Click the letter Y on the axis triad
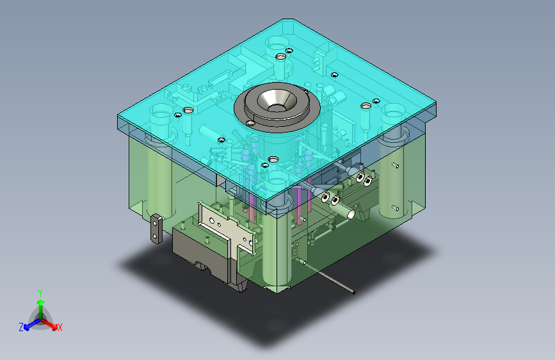pos(40,293)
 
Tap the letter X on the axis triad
pos(60,327)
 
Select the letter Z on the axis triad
pos(21,327)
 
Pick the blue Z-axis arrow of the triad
pos(32,324)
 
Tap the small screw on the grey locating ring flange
pos(250,123)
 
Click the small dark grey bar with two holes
pos(156,229)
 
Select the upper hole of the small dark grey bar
pos(155,223)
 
